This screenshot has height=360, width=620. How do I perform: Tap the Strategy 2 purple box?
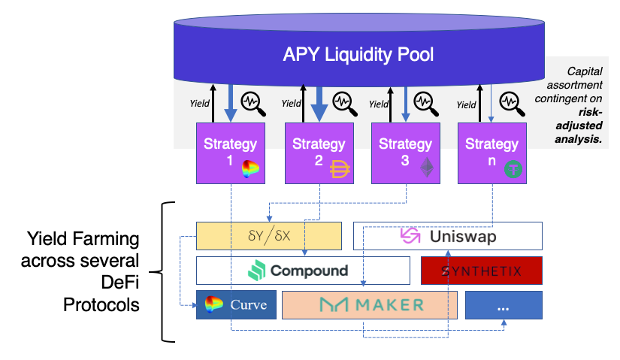click(318, 153)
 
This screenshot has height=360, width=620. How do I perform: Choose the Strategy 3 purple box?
click(405, 153)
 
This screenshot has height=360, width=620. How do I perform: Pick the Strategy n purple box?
click(491, 153)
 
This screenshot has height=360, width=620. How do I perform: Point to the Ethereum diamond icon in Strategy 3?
click(427, 168)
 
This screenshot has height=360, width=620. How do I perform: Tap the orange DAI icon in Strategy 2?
click(340, 171)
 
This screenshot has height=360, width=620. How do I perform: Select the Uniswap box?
click(447, 236)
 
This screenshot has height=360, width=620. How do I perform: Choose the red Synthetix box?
click(481, 271)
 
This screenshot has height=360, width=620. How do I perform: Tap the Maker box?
click(370, 305)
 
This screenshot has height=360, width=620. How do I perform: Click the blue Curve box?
click(236, 305)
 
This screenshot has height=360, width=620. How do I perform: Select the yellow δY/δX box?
click(268, 236)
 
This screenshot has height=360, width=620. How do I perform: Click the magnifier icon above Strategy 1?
click(252, 101)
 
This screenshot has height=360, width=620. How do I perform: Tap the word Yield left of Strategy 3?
click(380, 105)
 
